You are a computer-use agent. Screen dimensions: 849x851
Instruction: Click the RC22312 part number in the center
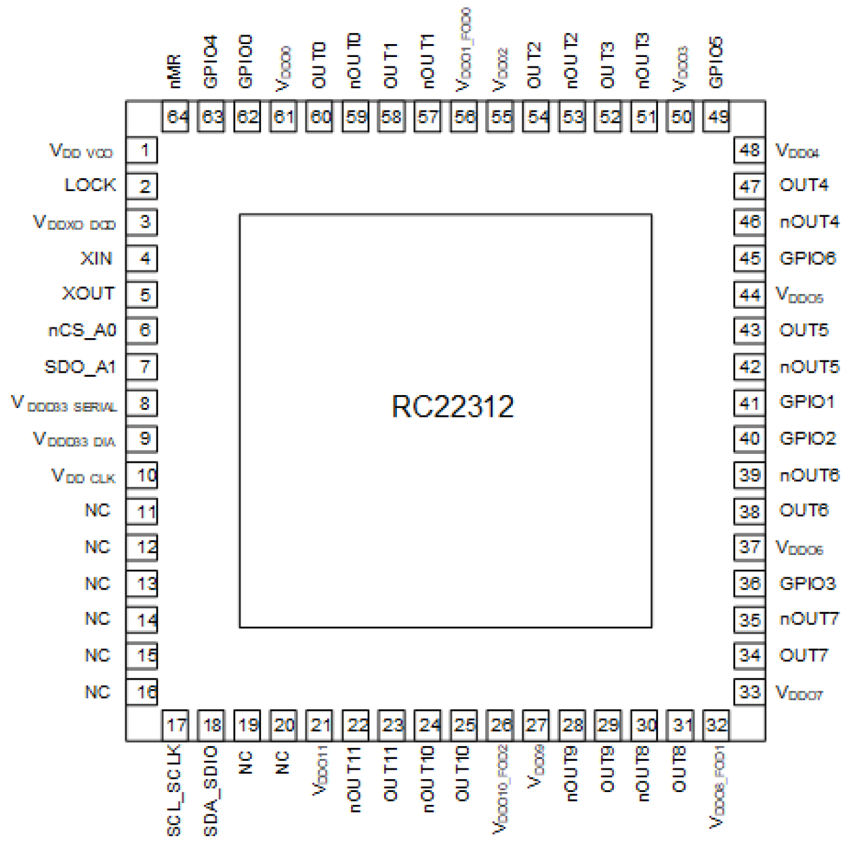pos(453,407)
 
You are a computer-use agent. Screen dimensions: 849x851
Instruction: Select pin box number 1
pos(144,150)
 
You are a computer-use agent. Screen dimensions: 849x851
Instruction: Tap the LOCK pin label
pos(89,185)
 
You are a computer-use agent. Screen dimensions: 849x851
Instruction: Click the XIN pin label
pos(96,258)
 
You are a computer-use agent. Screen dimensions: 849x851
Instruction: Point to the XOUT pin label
pos(88,293)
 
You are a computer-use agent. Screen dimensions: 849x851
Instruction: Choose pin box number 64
pos(176,117)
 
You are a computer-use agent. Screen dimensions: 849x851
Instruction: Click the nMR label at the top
pos(174,71)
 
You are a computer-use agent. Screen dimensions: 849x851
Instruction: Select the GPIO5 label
pos(716,62)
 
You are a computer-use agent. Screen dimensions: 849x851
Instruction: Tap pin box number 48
pos(749,150)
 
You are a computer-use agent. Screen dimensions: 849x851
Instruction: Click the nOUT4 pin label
pos(809,222)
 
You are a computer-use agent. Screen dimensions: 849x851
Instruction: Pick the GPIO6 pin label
pos(808,258)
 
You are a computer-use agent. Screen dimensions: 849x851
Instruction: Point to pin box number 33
pos(749,692)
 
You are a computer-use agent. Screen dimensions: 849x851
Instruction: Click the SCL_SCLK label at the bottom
pos(174,790)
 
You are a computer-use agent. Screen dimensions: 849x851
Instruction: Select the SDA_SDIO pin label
pos(211,791)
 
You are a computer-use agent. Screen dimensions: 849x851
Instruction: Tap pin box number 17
pos(176,726)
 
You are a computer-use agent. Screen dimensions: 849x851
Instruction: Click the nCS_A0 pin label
pos(82,330)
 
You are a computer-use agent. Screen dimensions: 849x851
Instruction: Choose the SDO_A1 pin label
pos(80,367)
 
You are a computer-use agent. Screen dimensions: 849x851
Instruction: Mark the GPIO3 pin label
pos(808,583)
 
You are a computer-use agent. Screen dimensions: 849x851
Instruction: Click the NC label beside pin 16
pos(97,692)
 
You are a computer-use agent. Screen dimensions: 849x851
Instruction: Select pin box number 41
pos(749,403)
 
